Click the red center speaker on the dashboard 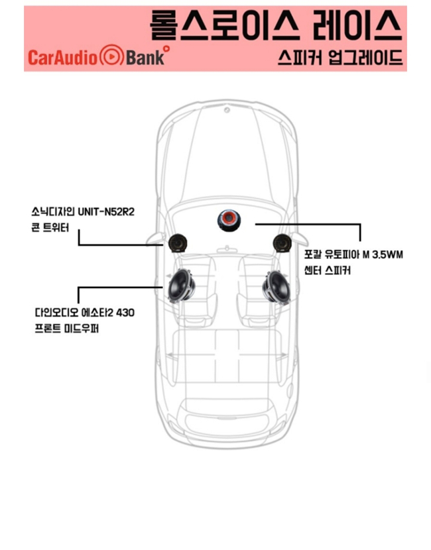[x=229, y=221]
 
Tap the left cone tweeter [x=178, y=243]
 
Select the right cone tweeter [x=282, y=243]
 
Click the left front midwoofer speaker [x=182, y=286]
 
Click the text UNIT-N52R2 [x=106, y=212]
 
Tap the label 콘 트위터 [x=50, y=229]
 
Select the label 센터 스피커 [x=327, y=270]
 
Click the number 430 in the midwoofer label [x=125, y=312]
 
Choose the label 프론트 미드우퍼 [x=67, y=328]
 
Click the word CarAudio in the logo [x=62, y=58]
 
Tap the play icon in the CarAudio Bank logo [x=112, y=56]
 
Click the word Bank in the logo [x=145, y=58]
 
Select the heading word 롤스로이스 [x=225, y=25]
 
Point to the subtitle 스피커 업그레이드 [x=339, y=58]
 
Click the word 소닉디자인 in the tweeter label [x=52, y=212]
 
